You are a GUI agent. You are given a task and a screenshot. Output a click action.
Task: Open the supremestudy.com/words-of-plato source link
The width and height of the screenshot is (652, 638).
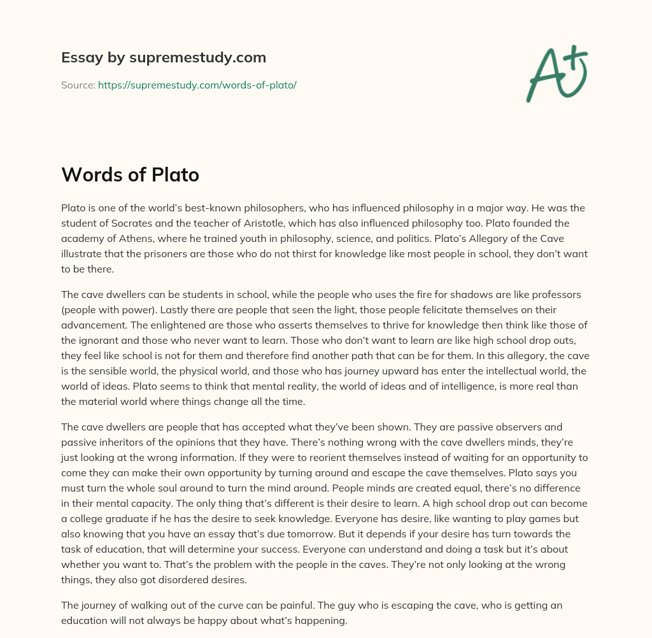tap(197, 85)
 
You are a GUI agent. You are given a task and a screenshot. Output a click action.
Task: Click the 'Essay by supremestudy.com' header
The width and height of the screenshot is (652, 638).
tap(164, 58)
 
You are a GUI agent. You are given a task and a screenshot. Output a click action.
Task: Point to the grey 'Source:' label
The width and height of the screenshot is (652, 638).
tap(78, 85)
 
